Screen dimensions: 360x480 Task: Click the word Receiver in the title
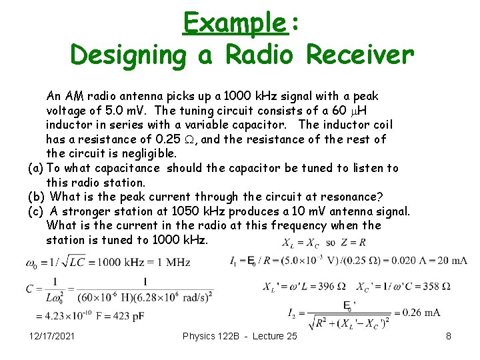pyautogui.click(x=360, y=55)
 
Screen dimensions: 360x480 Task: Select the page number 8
pyautogui.click(x=449, y=336)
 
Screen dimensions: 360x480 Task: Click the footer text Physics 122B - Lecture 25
pyautogui.click(x=239, y=336)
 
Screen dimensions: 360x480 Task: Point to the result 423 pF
pyautogui.click(x=129, y=315)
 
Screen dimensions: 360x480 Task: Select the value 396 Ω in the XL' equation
pyautogui.click(x=331, y=286)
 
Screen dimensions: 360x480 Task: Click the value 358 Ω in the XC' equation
pyautogui.click(x=437, y=286)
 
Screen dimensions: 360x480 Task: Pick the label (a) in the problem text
pyautogui.click(x=35, y=168)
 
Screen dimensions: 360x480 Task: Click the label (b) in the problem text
pyautogui.click(x=36, y=197)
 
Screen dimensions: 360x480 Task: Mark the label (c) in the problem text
pyautogui.click(x=35, y=211)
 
